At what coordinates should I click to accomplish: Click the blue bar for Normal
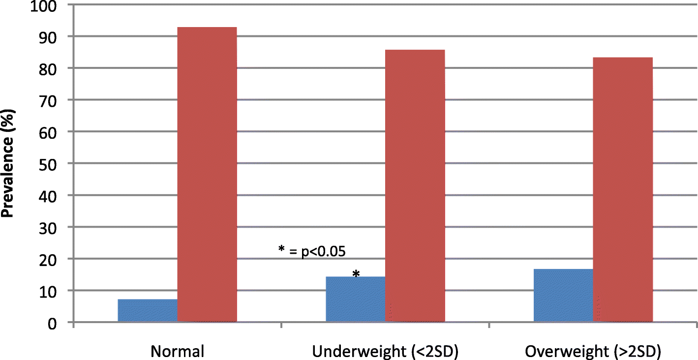(x=148, y=311)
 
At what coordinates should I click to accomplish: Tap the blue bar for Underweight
(x=356, y=300)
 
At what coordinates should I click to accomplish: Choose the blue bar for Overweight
(x=564, y=296)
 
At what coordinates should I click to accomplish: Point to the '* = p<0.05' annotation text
(x=312, y=251)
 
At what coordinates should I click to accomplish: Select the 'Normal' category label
(x=177, y=351)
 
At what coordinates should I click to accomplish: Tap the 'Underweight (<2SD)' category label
(x=385, y=351)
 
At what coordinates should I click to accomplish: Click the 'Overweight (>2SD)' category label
(x=593, y=351)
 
